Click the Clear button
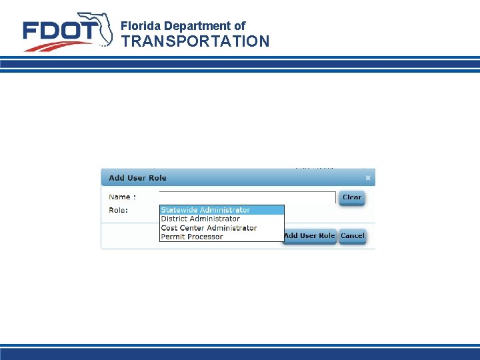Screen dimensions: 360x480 point(351,197)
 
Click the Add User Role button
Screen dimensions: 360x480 point(309,236)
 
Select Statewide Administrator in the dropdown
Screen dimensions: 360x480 point(205,210)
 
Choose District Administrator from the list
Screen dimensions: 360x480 point(200,219)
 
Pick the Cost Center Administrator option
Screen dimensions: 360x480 point(209,228)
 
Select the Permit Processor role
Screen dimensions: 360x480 point(192,237)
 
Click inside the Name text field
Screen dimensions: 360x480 point(247,197)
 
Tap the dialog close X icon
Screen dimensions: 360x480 point(368,178)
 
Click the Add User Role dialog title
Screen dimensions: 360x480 point(138,178)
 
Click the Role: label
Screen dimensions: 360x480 point(119,210)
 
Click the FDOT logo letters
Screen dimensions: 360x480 point(60,31)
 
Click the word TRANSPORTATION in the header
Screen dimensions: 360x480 point(195,41)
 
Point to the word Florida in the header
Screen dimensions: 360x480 point(141,26)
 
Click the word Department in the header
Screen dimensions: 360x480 point(198,26)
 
